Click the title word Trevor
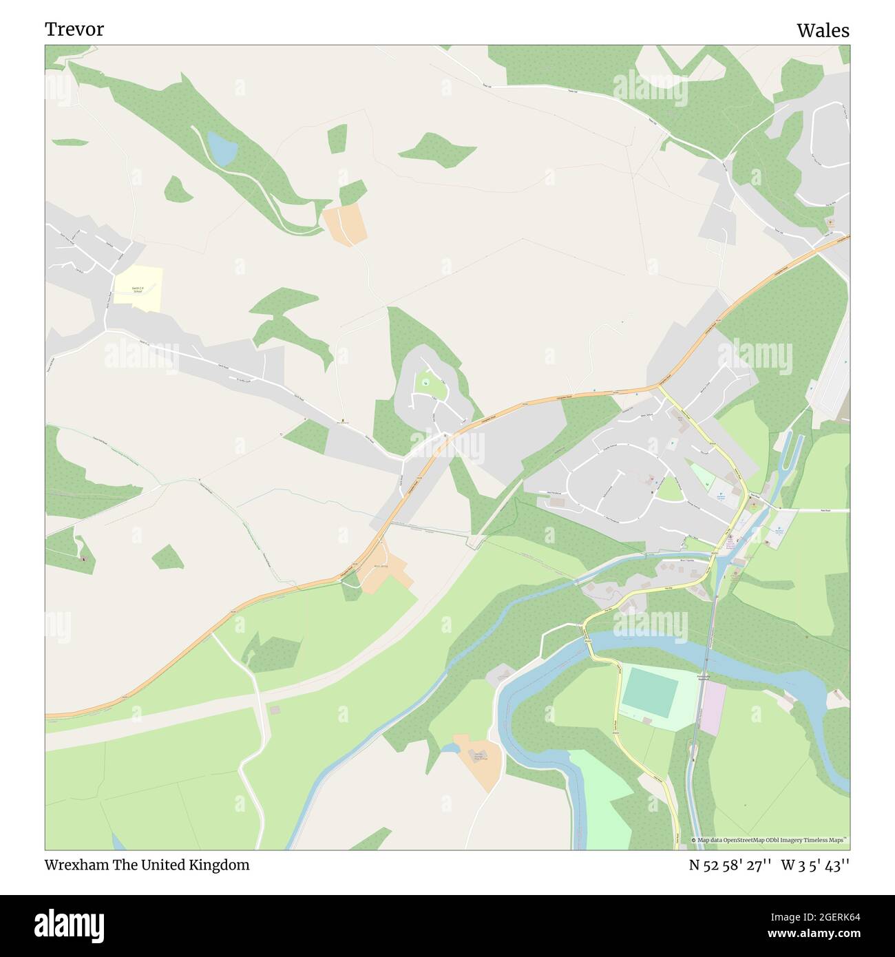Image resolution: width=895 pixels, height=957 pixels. coord(74,29)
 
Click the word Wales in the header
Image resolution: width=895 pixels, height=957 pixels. coord(823,30)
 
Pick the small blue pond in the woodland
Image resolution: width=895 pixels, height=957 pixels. coord(222,149)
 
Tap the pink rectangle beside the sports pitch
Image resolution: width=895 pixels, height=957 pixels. coord(713,708)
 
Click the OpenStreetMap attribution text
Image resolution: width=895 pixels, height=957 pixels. coord(769,840)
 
